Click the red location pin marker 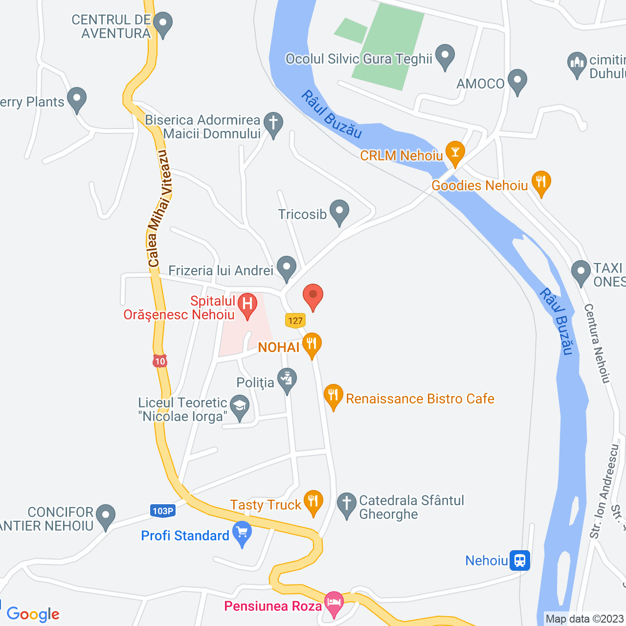[313, 296]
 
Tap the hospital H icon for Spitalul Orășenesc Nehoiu [247, 305]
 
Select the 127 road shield [295, 321]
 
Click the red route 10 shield [160, 361]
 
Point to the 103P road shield [163, 511]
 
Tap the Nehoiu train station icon [519, 560]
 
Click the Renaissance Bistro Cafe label [420, 399]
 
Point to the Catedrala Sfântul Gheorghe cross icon [347, 504]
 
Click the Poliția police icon [287, 380]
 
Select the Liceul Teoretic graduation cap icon [240, 407]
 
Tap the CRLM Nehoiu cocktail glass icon [455, 152]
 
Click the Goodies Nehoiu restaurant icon [541, 182]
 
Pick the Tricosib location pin [339, 211]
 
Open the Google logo [33, 614]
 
